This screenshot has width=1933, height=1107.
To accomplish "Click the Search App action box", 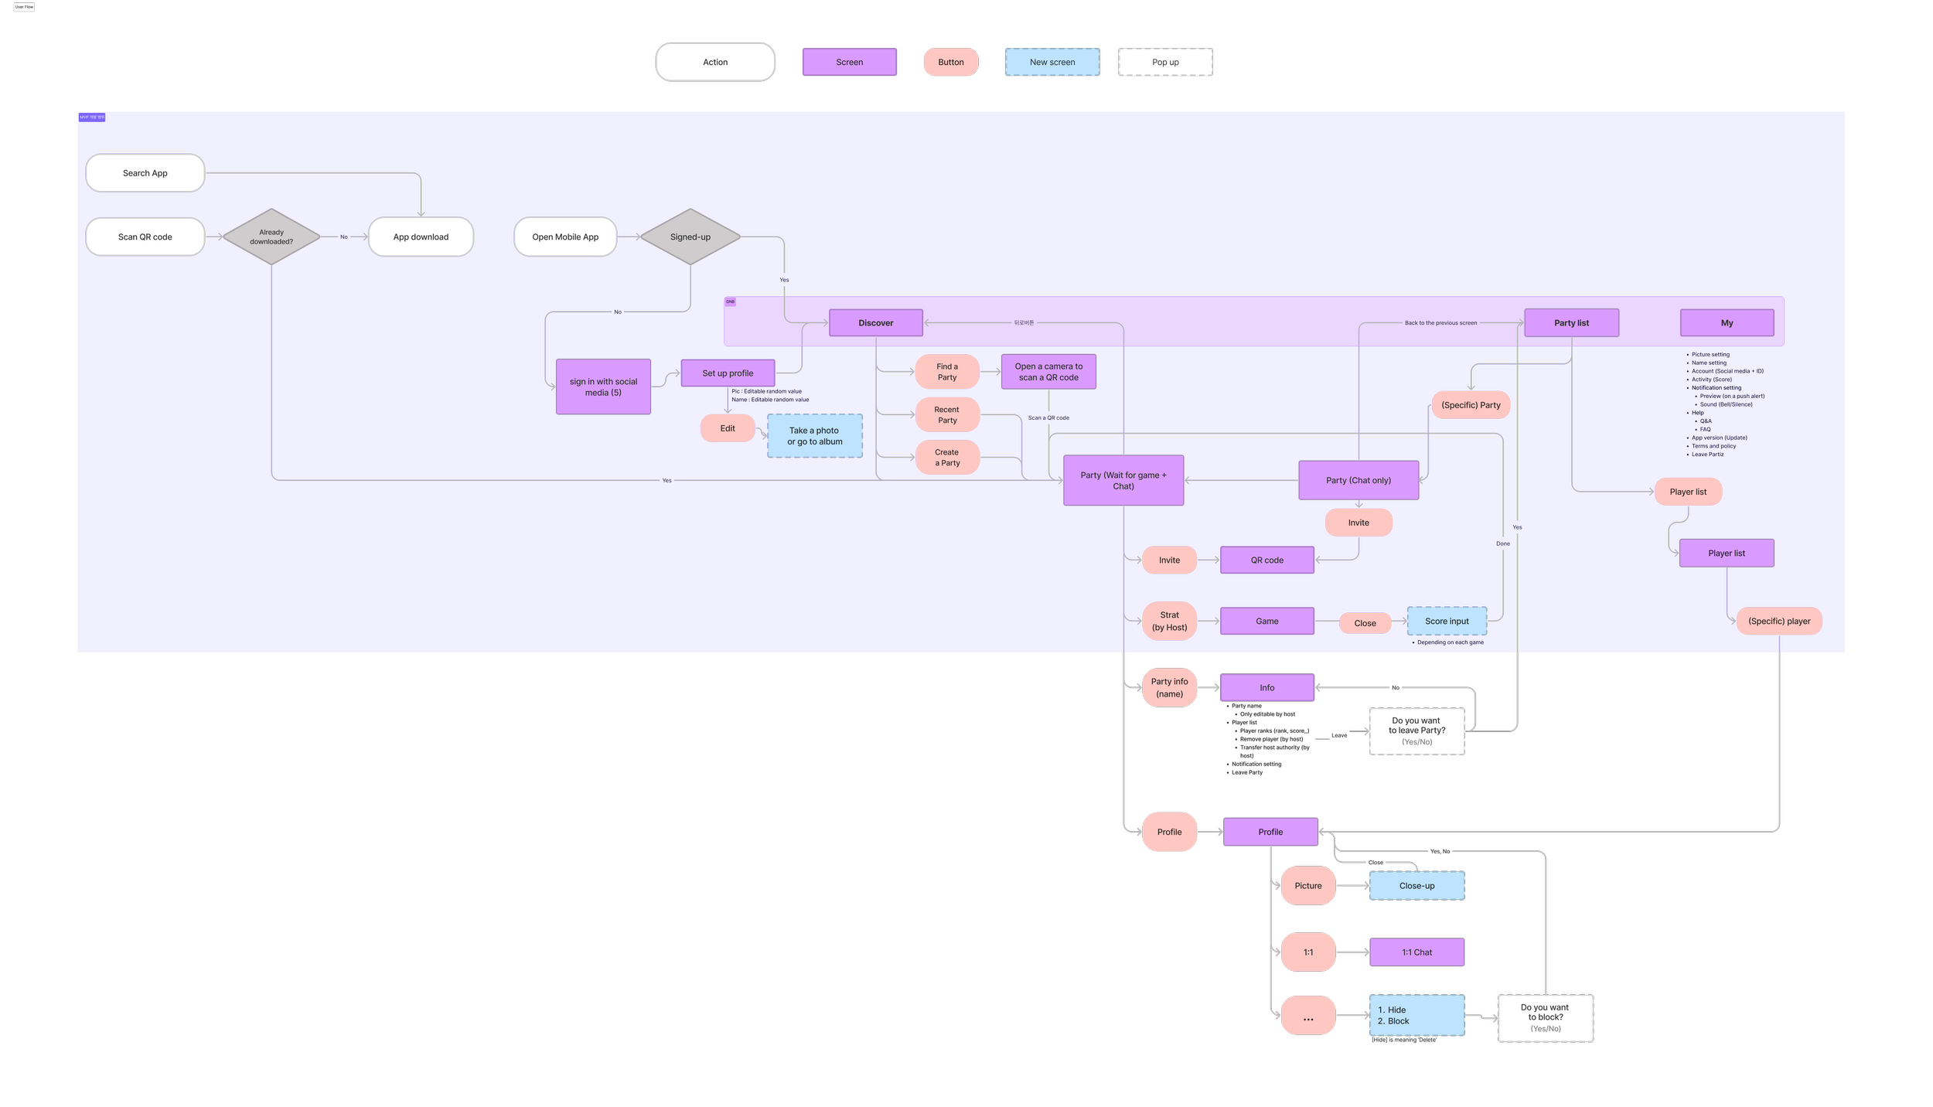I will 145,173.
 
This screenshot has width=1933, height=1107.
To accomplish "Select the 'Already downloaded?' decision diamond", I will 271,237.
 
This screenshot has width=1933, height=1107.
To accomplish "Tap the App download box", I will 421,237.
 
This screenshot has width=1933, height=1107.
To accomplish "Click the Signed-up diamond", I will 690,237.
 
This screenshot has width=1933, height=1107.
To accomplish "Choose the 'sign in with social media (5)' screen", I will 603,387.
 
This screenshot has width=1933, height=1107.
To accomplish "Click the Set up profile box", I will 728,373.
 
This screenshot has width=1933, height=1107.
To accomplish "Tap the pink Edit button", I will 728,428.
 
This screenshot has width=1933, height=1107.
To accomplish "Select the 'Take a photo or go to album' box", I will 815,436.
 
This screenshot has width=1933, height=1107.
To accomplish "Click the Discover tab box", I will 875,323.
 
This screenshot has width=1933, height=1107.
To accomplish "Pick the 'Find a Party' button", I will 947,372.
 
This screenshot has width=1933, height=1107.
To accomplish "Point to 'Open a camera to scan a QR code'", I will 1048,372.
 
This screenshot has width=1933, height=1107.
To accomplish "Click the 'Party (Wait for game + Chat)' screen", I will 1123,480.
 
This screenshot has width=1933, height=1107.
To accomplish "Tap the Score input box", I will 1447,621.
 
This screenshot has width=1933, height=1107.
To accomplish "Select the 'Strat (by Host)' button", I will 1169,621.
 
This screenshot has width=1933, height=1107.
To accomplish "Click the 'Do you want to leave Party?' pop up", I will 1417,731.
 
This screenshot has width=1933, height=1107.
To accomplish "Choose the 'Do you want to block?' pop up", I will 1545,1017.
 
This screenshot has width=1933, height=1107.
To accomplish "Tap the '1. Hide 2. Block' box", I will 1417,1015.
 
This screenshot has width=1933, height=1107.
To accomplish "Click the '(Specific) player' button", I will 1779,621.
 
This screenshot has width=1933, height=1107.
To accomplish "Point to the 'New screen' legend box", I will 1052,62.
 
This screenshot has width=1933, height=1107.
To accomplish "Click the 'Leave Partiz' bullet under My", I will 1708,455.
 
